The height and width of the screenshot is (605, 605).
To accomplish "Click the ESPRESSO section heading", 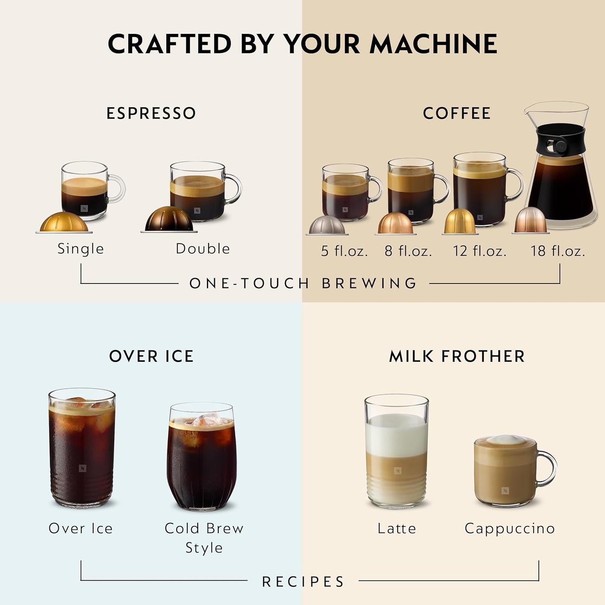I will [151, 113].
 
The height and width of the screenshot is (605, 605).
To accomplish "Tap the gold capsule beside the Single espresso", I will [64, 222].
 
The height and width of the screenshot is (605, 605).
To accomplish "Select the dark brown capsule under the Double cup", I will [169, 219].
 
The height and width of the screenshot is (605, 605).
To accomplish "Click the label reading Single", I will [80, 249].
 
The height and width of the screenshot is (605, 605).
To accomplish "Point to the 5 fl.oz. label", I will [344, 251].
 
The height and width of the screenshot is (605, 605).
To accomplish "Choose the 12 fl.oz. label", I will [479, 251].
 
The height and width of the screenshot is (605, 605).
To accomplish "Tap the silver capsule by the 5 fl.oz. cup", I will [327, 225].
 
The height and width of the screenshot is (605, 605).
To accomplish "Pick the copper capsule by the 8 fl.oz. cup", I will [395, 223].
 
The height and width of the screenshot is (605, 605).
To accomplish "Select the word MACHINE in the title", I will [433, 44].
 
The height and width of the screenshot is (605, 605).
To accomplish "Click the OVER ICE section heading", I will [151, 356].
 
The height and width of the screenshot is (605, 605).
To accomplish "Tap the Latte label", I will [396, 528].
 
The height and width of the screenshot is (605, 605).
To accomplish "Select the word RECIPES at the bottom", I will [303, 582].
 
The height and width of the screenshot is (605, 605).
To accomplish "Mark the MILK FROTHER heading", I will [457, 356].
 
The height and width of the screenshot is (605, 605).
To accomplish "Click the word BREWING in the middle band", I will [369, 283].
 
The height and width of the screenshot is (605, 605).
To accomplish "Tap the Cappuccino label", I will [510, 528].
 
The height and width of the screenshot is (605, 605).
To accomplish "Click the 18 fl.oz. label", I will [558, 251].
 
